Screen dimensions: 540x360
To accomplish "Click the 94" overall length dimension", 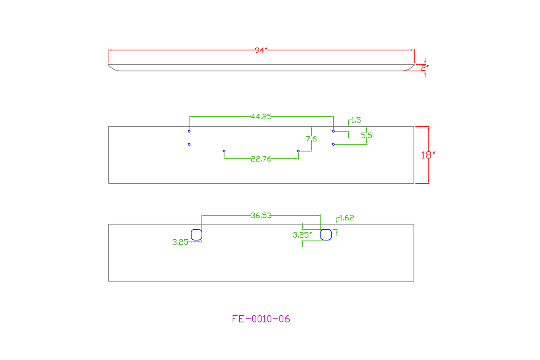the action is point(261,50).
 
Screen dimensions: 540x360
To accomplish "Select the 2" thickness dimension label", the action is point(425,68).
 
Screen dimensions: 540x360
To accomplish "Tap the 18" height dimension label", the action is point(428,155).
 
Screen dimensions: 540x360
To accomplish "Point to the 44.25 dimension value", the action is point(261,117).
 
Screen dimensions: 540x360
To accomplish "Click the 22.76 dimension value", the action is point(261,159).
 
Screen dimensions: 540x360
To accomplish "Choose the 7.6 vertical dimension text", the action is point(311,139).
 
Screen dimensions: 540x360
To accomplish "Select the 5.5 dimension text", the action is point(367,135).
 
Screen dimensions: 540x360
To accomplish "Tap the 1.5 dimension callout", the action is point(356,120).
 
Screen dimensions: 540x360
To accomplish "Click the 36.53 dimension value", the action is point(261,215).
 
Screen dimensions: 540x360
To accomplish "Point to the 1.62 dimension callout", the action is point(347,218).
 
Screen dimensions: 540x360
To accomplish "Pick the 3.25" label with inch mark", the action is point(302,235).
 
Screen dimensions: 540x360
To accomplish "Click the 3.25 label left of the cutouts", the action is point(180,242).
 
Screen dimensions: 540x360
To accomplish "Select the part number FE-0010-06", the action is point(261,319).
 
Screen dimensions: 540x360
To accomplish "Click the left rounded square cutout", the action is point(197,235).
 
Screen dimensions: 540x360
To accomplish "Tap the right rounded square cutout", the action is point(326,235).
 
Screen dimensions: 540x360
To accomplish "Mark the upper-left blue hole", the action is point(189,131).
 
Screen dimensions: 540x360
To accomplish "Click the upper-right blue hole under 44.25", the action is point(333,131).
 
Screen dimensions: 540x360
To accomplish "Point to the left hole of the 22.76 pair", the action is point(224,151).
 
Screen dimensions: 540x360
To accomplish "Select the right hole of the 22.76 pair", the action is point(298,151).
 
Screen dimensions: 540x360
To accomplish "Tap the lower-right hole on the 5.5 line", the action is point(333,144).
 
